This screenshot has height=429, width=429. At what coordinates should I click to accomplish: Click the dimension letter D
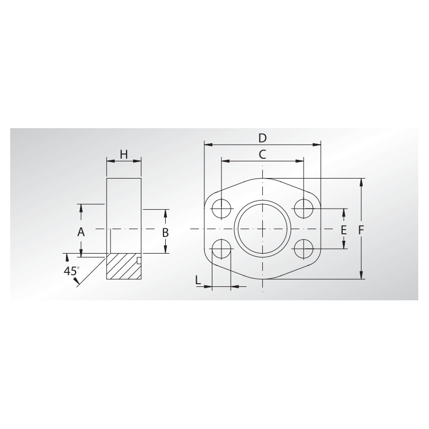click(262, 138)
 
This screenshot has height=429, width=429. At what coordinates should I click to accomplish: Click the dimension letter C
click(262, 154)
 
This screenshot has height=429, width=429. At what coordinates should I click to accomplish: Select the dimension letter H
click(124, 154)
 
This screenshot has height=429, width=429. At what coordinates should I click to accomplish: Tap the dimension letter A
click(81, 232)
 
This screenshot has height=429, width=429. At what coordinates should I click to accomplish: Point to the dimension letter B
click(165, 233)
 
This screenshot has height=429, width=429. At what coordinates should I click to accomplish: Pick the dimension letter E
click(344, 231)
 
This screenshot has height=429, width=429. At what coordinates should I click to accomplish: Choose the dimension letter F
click(361, 231)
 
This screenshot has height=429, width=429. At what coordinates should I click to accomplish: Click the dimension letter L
click(198, 279)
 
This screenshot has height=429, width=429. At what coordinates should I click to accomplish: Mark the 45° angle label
click(71, 271)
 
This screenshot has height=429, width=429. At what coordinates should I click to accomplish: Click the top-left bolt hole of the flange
click(221, 209)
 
